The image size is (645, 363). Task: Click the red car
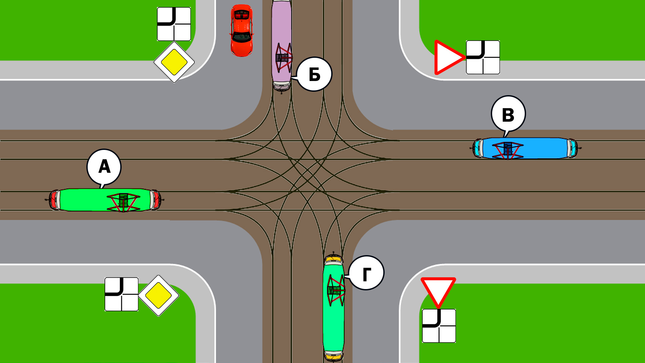[x=242, y=30]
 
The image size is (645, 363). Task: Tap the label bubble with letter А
[x=104, y=167]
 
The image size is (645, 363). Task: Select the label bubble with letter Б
[x=314, y=74]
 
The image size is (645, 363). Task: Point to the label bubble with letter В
[x=508, y=114]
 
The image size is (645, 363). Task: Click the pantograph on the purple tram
[x=284, y=57]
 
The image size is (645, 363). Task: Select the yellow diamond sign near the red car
[x=174, y=62]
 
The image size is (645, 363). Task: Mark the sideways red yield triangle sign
[x=447, y=57]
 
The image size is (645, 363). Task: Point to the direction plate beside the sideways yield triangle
[x=483, y=57]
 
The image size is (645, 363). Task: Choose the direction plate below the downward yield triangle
[x=439, y=326]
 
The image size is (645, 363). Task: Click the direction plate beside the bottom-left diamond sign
[x=122, y=294]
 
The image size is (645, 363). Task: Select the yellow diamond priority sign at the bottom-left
[x=159, y=295]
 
